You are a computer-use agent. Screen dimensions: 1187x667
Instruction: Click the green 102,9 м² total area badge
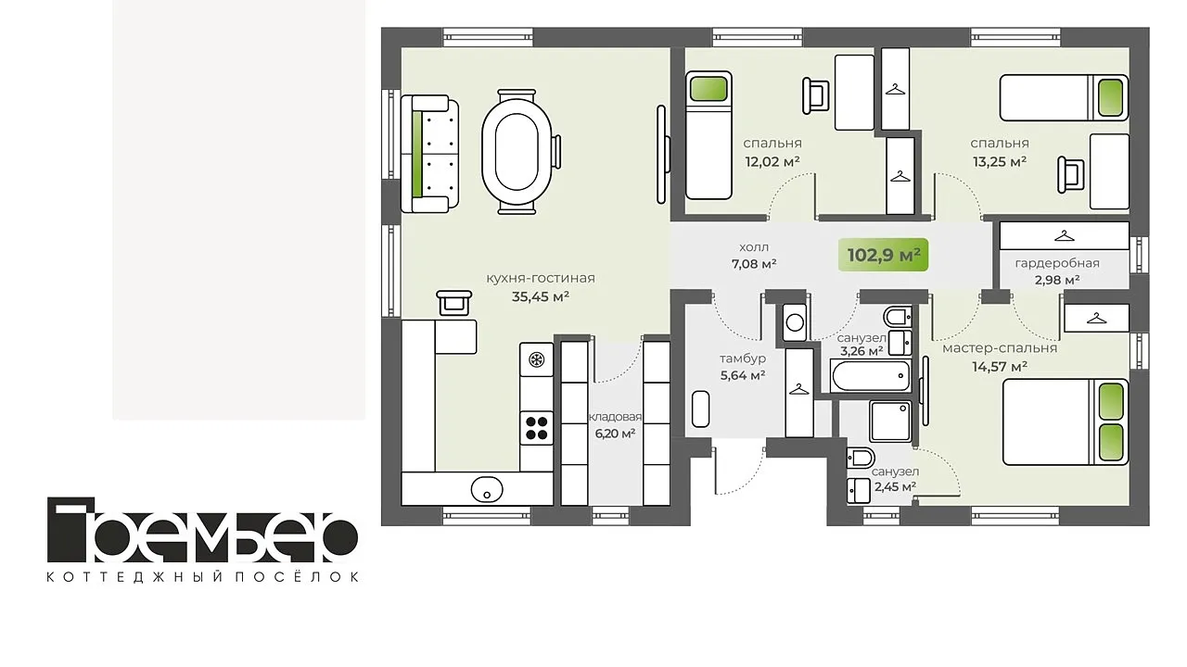point(884,255)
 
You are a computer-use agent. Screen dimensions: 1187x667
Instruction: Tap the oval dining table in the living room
point(517,152)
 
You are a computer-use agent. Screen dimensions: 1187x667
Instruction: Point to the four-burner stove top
point(536,428)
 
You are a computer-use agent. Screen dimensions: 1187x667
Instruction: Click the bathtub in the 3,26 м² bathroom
point(871,376)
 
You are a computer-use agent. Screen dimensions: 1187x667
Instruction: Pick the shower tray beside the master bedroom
point(891,422)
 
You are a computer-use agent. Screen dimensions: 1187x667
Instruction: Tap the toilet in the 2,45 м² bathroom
point(860,458)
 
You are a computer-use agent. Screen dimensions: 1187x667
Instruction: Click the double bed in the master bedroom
point(1066,422)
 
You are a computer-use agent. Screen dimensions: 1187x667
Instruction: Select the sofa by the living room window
point(429,154)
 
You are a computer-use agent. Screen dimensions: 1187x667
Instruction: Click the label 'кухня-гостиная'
point(541,279)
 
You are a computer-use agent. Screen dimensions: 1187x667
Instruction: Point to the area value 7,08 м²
point(754,264)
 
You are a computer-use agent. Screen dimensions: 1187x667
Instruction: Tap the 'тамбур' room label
point(743,359)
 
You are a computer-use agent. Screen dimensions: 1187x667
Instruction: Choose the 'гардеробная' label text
point(1057,263)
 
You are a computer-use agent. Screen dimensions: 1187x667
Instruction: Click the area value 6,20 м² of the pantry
point(615,434)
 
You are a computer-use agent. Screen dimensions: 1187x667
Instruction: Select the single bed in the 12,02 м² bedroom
point(708,135)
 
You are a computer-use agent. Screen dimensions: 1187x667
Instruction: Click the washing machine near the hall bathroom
point(795,321)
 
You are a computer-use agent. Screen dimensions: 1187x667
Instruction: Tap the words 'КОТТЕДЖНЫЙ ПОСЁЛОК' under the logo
point(202,577)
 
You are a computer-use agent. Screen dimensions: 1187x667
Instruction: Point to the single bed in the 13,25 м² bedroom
point(1064,97)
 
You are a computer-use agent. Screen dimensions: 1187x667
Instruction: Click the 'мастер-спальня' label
point(1000,348)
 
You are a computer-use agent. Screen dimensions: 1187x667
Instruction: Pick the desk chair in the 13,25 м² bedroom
point(1070,175)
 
